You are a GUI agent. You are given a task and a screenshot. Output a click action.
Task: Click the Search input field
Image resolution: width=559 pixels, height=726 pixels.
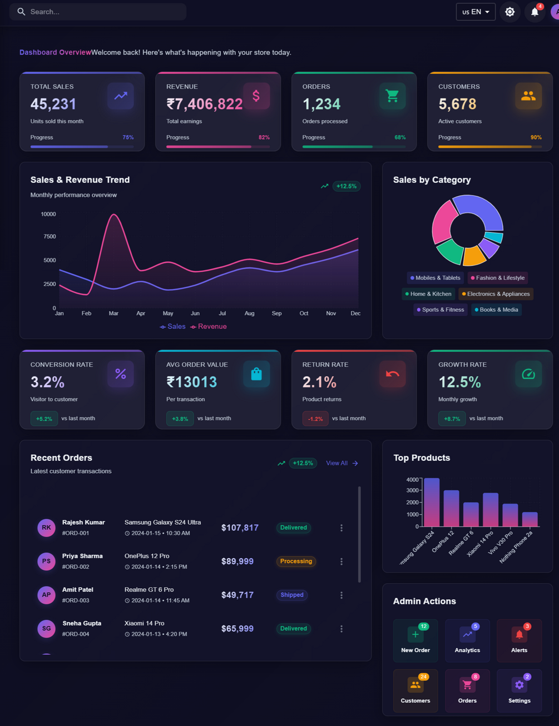click(100, 12)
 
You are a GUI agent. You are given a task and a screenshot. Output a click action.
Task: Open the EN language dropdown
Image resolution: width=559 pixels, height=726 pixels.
click(476, 12)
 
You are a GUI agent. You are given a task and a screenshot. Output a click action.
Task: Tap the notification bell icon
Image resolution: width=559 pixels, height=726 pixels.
click(535, 12)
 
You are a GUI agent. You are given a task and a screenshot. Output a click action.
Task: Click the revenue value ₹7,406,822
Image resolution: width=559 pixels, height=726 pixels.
click(205, 104)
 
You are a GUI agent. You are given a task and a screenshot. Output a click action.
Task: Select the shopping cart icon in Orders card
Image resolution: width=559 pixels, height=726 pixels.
click(392, 96)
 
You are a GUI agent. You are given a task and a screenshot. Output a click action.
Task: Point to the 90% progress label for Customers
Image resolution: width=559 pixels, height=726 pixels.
click(536, 137)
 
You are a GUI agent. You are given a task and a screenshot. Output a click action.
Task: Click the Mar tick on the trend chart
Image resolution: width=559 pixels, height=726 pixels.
click(113, 314)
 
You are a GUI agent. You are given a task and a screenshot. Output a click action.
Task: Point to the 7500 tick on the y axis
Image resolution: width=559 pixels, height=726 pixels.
click(50, 237)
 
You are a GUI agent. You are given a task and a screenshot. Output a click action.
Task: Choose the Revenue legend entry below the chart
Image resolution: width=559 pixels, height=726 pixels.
click(209, 326)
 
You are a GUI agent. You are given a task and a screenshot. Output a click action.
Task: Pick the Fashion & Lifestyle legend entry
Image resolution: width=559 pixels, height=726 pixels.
click(498, 278)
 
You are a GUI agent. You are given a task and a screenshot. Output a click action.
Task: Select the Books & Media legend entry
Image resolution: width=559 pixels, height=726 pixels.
click(496, 310)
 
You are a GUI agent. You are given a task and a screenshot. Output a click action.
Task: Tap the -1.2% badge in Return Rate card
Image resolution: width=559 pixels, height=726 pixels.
click(315, 419)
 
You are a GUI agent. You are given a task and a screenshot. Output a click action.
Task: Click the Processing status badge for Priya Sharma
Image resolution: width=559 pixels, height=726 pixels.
click(296, 561)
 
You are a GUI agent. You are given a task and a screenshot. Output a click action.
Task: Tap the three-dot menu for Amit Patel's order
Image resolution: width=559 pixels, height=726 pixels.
click(342, 595)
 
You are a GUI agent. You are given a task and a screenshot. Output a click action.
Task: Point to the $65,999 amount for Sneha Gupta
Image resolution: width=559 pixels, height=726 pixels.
click(238, 629)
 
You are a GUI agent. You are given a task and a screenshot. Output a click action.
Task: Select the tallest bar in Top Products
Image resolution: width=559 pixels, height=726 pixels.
click(432, 502)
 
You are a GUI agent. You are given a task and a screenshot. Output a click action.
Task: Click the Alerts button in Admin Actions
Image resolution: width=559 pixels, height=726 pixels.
click(519, 640)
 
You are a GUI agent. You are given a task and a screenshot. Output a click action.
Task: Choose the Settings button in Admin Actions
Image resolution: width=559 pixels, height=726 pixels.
click(519, 691)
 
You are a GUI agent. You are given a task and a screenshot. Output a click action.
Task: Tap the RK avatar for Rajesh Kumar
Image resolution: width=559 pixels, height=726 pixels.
click(46, 528)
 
